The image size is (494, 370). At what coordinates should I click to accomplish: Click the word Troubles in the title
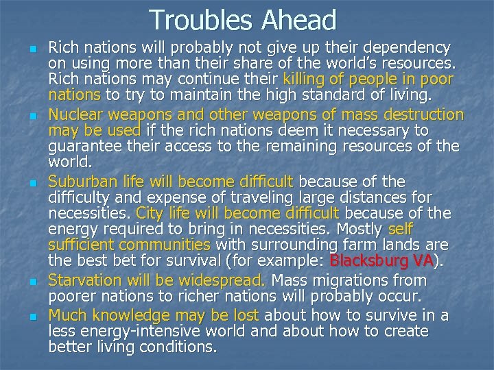pos(200,20)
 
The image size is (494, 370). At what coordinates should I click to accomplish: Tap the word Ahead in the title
pos(299,20)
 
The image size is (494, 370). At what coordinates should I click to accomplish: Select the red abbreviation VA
pos(423,260)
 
